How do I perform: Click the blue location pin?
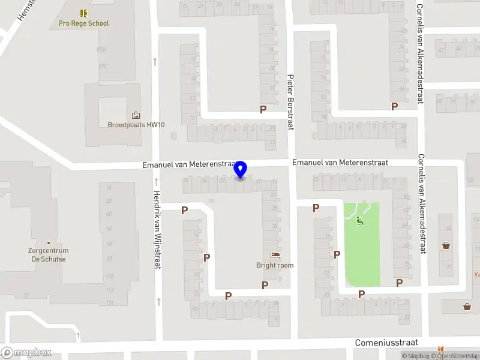tap(241, 169)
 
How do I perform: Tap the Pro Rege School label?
tap(83, 23)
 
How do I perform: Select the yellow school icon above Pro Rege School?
tap(83, 13)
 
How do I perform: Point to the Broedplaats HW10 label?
tap(136, 125)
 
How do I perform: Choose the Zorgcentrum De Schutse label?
tap(49, 255)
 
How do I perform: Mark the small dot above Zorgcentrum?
tap(49, 243)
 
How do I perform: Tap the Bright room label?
tap(275, 265)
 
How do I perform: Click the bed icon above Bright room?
tap(275, 256)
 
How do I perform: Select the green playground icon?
tap(360, 221)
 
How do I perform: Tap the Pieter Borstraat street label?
tap(290, 102)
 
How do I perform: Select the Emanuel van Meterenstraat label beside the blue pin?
tap(187, 164)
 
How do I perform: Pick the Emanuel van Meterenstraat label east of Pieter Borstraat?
tap(340, 163)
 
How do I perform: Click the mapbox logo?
tap(25, 353)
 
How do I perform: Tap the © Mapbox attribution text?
tap(415, 356)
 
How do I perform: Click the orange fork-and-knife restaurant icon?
tap(440, 348)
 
